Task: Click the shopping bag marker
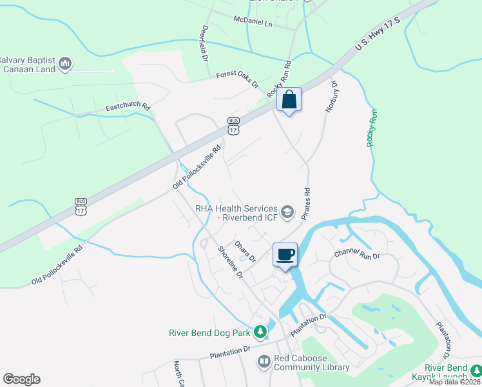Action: pos(289,100)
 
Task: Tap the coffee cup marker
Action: pos(285,254)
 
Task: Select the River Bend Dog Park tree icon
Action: pos(260,332)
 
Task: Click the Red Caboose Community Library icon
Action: pos(264,362)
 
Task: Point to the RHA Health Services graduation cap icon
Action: pos(287,211)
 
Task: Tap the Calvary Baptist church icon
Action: pos(64,64)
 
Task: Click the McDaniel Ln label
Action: pos(253,23)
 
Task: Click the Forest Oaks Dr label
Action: pos(236,79)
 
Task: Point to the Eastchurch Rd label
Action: pos(128,107)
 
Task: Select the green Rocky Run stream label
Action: pos(372,127)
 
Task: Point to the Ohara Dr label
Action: pos(246,252)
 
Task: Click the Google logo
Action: pos(21,379)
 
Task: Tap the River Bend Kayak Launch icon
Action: pos(475,370)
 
